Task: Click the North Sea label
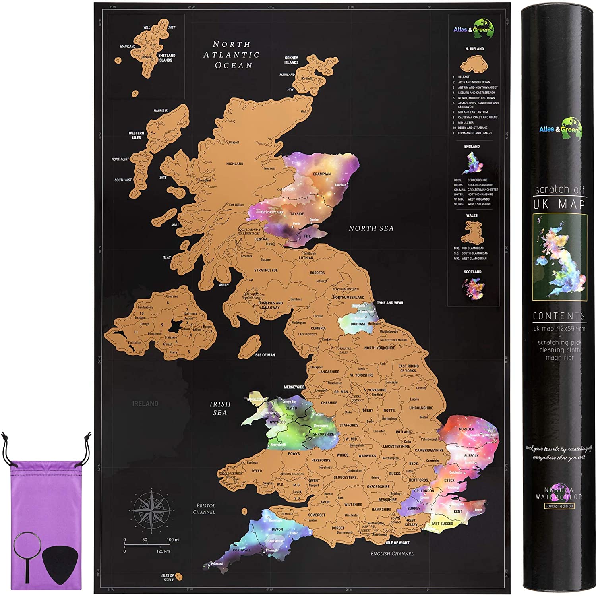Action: pyautogui.click(x=371, y=228)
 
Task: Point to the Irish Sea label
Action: pyautogui.click(x=220, y=408)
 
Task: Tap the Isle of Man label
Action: pyautogui.click(x=265, y=355)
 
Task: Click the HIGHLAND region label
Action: pyautogui.click(x=235, y=164)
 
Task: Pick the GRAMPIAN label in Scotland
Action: pyautogui.click(x=321, y=174)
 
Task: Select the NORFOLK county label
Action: pyautogui.click(x=466, y=429)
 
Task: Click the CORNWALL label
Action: pyautogui.click(x=242, y=550)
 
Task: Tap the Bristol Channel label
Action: pyautogui.click(x=204, y=509)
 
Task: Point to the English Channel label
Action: pyautogui.click(x=392, y=554)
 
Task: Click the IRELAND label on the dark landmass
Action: pyautogui.click(x=145, y=404)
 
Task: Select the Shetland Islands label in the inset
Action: pyautogui.click(x=166, y=58)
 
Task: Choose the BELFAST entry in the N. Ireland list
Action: pyautogui.click(x=464, y=77)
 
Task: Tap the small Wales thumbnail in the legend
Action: pyautogui.click(x=472, y=232)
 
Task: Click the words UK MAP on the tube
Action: pyautogui.click(x=559, y=204)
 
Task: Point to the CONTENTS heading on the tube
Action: pyautogui.click(x=559, y=316)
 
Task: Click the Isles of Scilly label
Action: pyautogui.click(x=168, y=577)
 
